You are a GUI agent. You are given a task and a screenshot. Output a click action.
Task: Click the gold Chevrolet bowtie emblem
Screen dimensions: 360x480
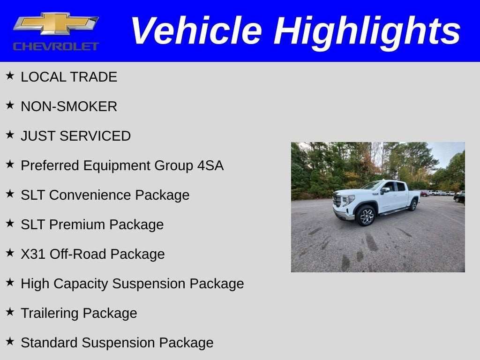coord(55,24)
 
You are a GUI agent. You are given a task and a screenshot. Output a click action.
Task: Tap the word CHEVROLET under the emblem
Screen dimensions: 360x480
coord(56,46)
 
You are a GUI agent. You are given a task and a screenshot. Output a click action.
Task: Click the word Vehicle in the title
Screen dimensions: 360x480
coord(195,31)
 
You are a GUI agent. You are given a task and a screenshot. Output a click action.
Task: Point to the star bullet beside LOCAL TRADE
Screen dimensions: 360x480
coord(10,75)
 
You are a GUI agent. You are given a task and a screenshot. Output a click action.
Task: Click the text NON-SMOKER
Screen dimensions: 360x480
coord(69,106)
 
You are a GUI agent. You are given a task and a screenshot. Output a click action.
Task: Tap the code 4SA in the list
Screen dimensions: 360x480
coord(210,165)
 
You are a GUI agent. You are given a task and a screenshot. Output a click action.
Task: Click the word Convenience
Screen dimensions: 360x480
coord(119,195)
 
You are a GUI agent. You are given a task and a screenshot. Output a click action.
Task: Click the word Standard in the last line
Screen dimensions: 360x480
coord(49,343)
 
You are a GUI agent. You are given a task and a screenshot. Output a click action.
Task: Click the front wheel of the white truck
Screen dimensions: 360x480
coord(366,216)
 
